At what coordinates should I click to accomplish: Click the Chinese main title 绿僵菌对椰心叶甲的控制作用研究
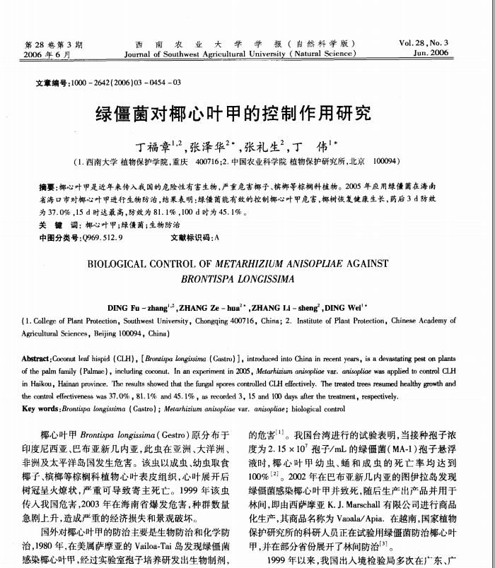(x=233, y=113)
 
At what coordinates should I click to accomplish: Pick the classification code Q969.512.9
(x=103, y=237)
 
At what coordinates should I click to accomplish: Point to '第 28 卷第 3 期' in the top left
(x=52, y=42)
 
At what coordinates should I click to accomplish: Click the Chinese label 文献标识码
(x=191, y=237)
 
